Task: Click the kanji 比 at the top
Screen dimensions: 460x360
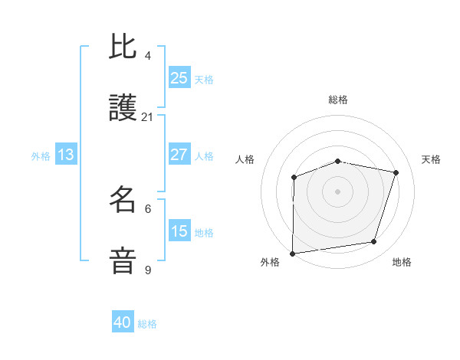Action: click(x=123, y=47)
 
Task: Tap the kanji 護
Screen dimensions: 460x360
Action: click(x=123, y=109)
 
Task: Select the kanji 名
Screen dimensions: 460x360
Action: click(x=123, y=200)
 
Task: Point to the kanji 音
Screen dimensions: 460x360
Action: click(x=123, y=261)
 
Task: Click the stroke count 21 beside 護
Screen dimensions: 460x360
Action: click(x=148, y=117)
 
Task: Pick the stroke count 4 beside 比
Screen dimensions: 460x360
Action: click(x=148, y=56)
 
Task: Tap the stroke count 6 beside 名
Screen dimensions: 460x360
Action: click(x=148, y=208)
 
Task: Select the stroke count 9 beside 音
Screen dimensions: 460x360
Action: click(x=148, y=270)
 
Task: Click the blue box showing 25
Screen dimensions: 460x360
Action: click(x=179, y=78)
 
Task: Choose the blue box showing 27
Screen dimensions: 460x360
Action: click(x=179, y=155)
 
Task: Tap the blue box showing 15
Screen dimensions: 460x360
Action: click(x=179, y=231)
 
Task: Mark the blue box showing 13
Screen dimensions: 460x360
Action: click(x=66, y=155)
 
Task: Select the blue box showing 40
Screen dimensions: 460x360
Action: click(x=123, y=322)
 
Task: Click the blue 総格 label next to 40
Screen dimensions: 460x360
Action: click(x=147, y=324)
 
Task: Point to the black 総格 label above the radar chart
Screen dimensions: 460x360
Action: click(x=338, y=100)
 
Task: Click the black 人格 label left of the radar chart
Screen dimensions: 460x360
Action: click(x=245, y=159)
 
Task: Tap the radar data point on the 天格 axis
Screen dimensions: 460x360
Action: click(x=396, y=172)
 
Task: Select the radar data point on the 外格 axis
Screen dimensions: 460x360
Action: click(x=293, y=253)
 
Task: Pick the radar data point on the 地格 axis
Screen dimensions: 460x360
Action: click(x=374, y=242)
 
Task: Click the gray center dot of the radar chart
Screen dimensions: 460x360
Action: click(x=337, y=191)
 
